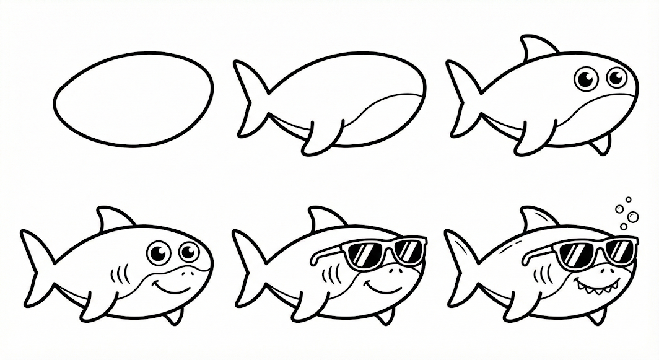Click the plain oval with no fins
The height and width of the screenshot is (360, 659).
click(x=133, y=99)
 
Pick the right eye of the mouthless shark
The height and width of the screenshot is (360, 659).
click(x=616, y=77)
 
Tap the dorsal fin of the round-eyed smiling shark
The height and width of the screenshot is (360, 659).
click(x=113, y=219)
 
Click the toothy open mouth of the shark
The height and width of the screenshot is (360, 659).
click(x=591, y=286)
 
